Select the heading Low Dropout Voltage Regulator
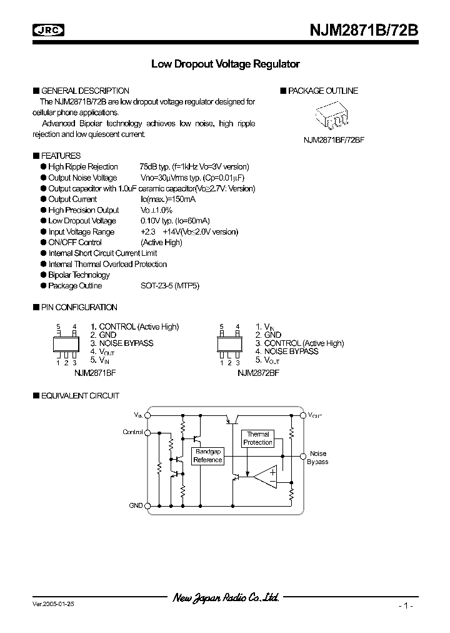coord(226,64)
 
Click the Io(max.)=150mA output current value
coord(167,200)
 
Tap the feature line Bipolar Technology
coord(79,275)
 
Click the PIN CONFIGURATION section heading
coord(79,308)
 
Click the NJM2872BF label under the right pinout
coord(258,372)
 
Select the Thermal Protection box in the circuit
coord(257,438)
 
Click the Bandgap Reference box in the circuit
coord(207,456)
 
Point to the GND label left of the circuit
coord(136,505)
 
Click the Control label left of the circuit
coord(132,432)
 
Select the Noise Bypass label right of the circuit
coord(317,458)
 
